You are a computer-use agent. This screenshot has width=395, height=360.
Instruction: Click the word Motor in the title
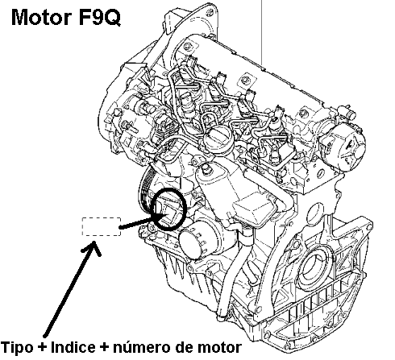(x=42, y=18)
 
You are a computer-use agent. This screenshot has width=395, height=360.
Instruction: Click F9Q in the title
(x=99, y=18)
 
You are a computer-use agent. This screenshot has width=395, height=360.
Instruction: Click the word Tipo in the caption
(x=18, y=347)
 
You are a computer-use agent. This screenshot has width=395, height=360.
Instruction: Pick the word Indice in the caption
(x=73, y=347)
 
